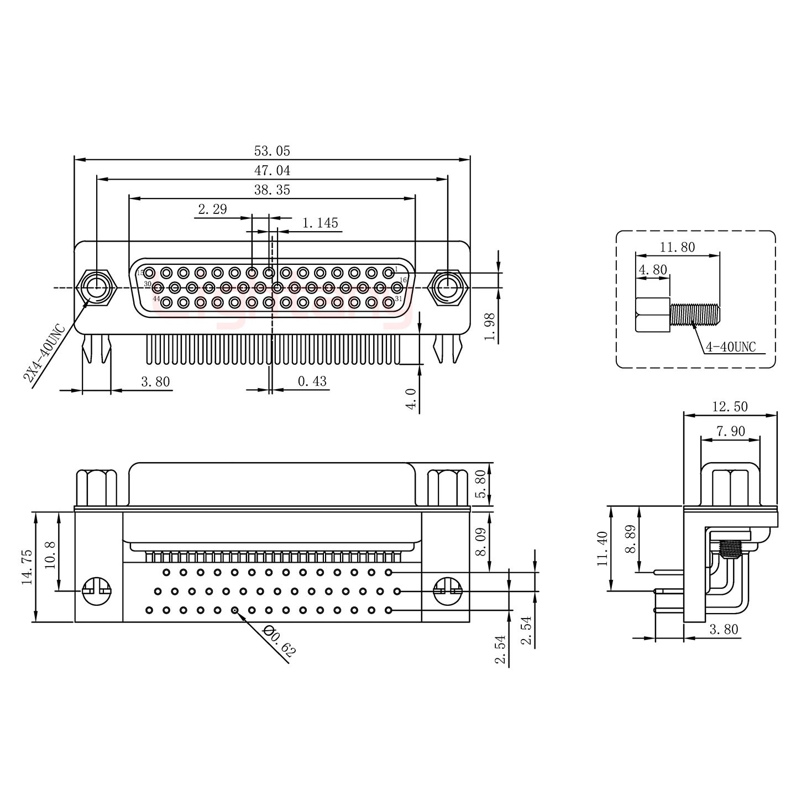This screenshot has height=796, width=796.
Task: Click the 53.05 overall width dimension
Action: point(271,151)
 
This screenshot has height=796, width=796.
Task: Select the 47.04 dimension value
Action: point(271,170)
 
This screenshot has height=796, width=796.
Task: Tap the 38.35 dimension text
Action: point(271,190)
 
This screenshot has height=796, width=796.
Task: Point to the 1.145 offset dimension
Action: point(320,223)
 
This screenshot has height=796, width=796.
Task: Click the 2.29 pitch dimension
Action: point(212,210)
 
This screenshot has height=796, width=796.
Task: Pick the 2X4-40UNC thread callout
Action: point(44,354)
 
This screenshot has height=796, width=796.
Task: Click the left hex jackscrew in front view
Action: point(97,287)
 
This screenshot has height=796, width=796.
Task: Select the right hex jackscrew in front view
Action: point(448,287)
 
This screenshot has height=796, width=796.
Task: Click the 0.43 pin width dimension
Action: point(312,381)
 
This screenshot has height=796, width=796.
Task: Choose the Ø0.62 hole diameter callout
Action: point(279,641)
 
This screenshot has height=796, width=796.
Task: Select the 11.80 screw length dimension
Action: point(677,247)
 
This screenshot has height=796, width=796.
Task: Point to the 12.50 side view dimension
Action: point(730,407)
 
